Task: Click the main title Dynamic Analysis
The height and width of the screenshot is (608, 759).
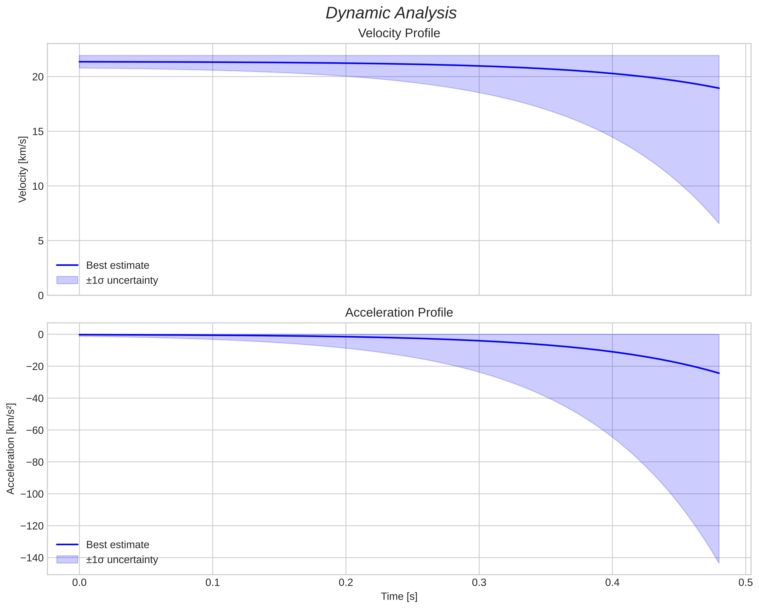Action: tap(391, 13)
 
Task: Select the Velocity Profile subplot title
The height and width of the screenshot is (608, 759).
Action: tap(399, 33)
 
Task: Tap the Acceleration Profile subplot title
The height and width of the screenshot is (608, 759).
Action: tap(399, 313)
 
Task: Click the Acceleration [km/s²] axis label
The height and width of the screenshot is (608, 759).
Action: tap(11, 449)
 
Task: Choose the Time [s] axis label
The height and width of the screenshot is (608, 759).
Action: tap(399, 596)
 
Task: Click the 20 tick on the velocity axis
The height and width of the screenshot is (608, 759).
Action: tap(38, 77)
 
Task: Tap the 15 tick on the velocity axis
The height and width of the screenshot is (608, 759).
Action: tap(38, 132)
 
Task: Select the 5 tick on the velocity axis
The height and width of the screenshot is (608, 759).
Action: tap(40, 241)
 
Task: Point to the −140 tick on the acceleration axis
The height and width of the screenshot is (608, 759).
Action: tap(32, 558)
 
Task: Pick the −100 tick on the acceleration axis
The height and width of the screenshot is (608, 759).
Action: tap(32, 494)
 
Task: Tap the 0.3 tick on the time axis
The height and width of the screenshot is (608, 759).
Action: tap(479, 583)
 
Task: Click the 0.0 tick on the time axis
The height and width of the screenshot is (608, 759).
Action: tap(79, 583)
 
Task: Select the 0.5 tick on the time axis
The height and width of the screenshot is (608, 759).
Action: tap(745, 583)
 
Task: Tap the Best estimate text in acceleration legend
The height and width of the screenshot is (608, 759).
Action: tap(117, 545)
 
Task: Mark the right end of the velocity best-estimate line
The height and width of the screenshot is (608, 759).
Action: tap(719, 88)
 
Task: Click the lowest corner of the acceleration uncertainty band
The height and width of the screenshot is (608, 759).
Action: tap(719, 563)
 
